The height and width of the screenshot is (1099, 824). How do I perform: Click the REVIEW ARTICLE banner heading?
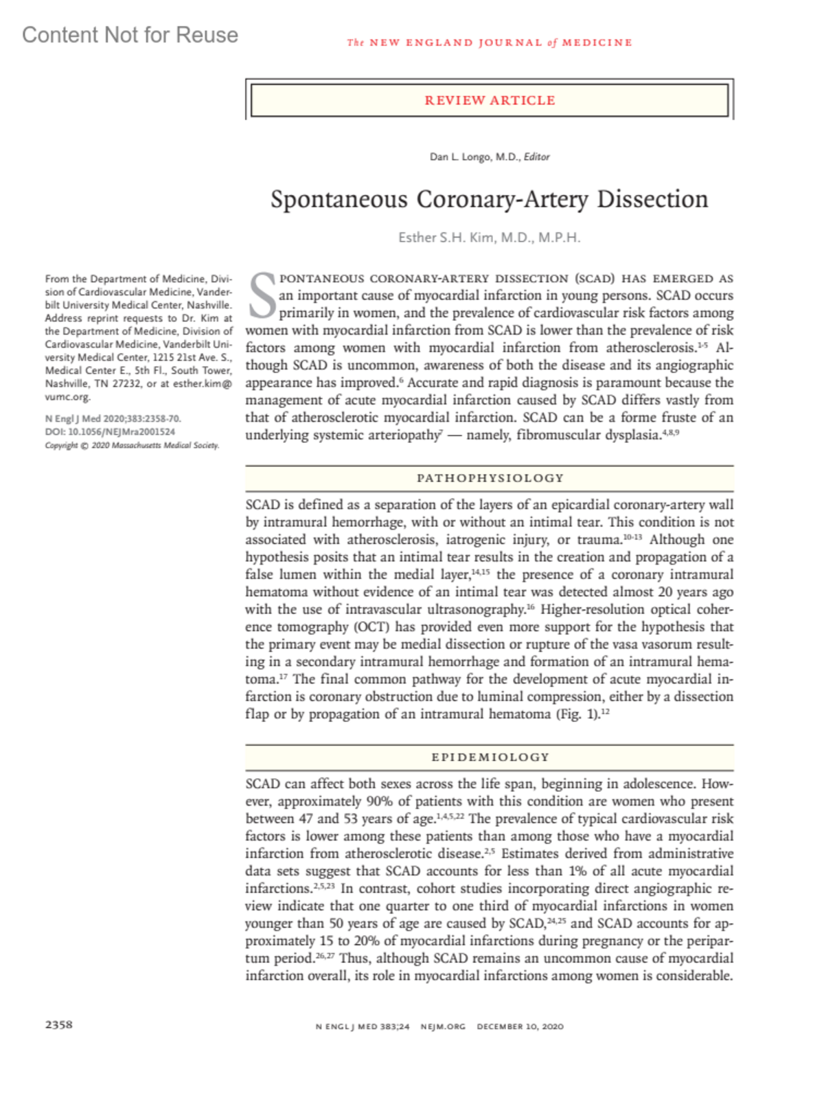490,100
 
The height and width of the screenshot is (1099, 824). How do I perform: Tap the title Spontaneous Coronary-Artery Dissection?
489,199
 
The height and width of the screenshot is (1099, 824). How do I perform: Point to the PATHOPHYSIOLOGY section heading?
490,478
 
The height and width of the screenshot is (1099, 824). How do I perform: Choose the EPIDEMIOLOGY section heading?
490,757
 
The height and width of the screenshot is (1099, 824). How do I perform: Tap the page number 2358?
59,1024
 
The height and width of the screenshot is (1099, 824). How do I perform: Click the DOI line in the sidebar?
110,432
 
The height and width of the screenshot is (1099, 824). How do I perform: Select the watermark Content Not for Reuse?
130,35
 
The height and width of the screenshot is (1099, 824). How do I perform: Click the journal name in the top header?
489,43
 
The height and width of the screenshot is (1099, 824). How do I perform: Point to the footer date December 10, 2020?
520,1026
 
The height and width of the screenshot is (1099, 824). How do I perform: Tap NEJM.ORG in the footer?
443,1026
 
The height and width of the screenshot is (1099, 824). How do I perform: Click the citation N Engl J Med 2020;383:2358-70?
113,418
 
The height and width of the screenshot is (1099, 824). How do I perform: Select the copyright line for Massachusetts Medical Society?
132,445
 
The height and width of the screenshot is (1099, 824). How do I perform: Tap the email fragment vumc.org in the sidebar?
67,397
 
